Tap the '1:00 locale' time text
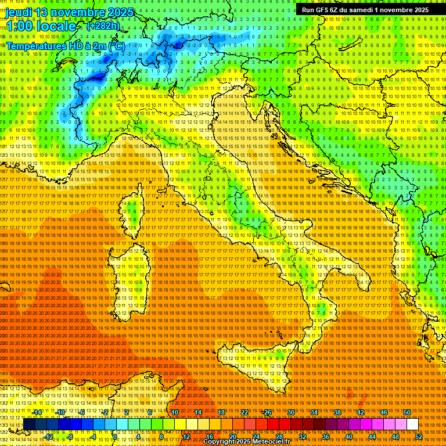click(41, 27)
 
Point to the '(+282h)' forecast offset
click(103, 26)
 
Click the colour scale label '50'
click(407, 412)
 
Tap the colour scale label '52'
click(418, 437)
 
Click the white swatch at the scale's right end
click(412, 425)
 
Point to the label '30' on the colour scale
click(291, 412)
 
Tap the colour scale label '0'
click(116, 437)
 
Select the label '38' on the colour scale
click(337, 412)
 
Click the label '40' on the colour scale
click(349, 437)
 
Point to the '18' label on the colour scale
click(221, 412)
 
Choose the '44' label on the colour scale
click(372, 437)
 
